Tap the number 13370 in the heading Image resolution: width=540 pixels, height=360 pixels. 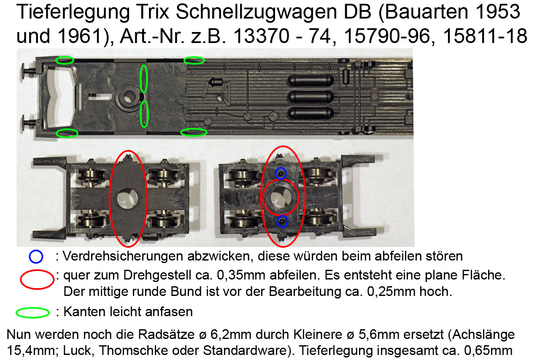click(x=261, y=36)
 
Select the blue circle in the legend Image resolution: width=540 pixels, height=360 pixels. click(x=36, y=256)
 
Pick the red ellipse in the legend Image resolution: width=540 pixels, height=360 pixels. click(x=37, y=279)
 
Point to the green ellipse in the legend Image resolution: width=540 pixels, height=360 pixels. click(x=32, y=313)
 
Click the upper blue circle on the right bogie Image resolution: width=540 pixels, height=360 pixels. click(x=281, y=173)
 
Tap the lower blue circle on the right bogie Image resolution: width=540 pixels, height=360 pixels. click(x=282, y=221)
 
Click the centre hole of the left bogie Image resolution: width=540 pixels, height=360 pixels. click(x=127, y=199)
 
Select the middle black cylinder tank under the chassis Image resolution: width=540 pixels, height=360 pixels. click(x=311, y=97)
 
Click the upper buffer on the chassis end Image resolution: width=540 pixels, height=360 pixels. click(x=29, y=71)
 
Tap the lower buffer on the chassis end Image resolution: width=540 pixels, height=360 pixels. click(x=30, y=123)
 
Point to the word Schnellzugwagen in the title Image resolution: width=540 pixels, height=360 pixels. click(x=256, y=12)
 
